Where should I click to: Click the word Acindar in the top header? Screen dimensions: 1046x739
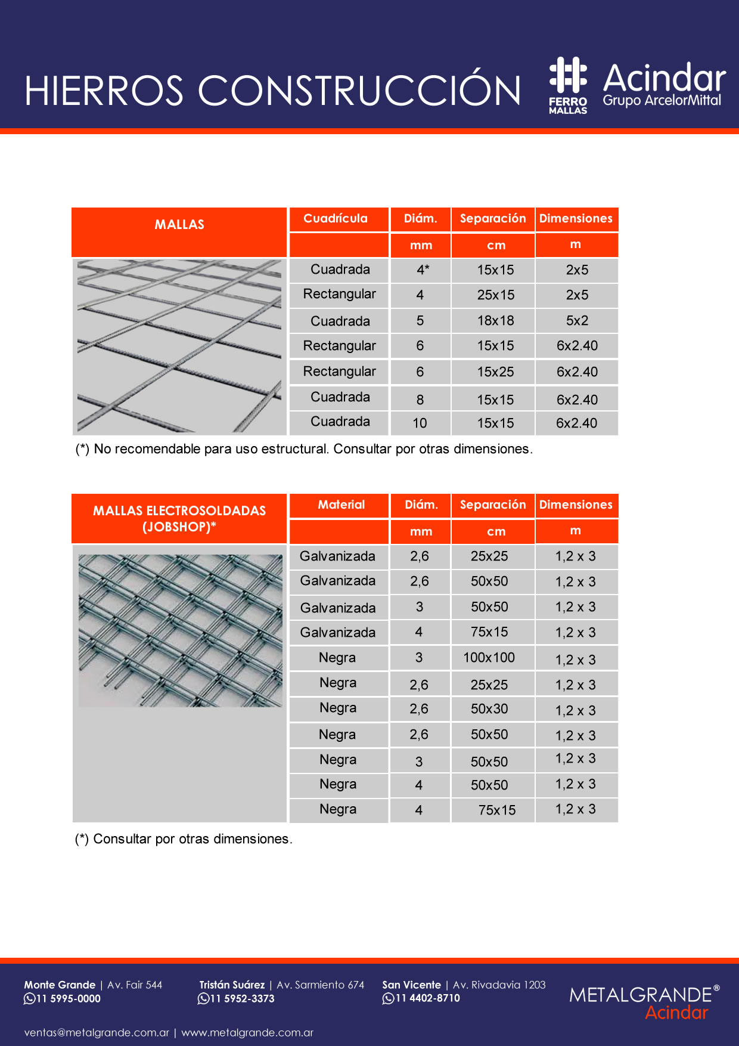(664, 78)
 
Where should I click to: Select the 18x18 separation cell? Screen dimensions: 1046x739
(495, 321)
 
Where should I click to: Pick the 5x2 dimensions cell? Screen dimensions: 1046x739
(577, 321)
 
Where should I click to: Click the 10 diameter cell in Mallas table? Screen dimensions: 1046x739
(420, 423)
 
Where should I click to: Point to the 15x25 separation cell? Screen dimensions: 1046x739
(495, 372)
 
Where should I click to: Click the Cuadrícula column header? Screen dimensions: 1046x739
(336, 219)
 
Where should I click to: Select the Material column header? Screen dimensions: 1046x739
(341, 505)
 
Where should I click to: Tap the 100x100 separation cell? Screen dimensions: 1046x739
(489, 658)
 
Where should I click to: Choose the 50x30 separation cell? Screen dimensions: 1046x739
(489, 709)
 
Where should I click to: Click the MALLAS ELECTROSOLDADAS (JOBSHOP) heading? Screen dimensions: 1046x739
(179, 518)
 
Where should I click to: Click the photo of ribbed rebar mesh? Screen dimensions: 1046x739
(179, 346)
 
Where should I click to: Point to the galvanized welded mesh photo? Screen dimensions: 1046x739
(181, 630)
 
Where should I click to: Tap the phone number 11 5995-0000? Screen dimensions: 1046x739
(68, 999)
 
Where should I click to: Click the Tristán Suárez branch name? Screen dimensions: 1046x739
(232, 985)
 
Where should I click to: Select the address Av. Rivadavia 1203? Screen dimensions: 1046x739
(499, 985)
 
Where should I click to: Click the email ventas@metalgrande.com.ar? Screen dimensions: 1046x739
(97, 1033)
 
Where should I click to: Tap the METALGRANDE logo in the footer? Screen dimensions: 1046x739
(644, 1001)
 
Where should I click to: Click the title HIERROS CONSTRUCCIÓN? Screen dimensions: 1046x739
(272, 91)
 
